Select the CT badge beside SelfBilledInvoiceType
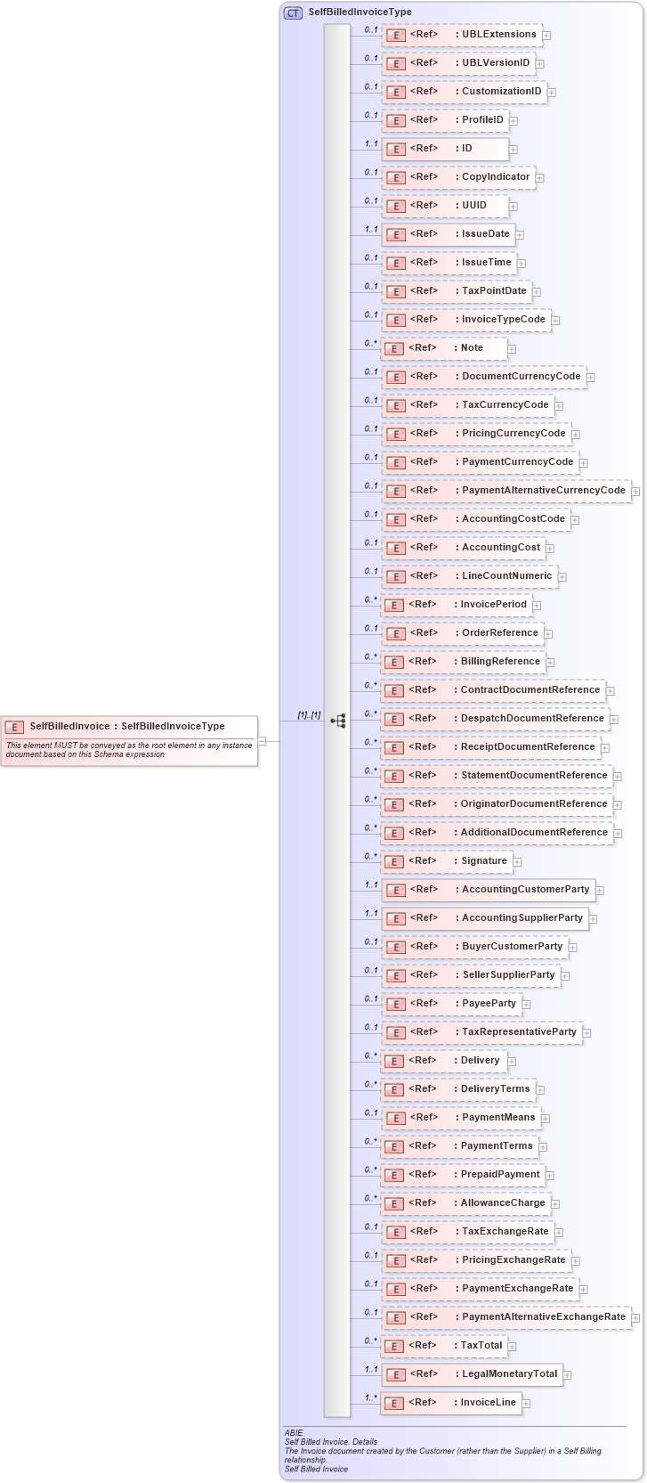tap(293, 12)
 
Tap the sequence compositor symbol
tap(337, 720)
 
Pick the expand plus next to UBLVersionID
tap(540, 64)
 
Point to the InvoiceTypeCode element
tap(465, 320)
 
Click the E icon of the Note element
tap(394, 348)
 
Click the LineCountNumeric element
tap(469, 576)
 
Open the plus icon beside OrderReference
tap(549, 633)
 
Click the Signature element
tap(446, 861)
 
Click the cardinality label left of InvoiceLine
tap(370, 1397)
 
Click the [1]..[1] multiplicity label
tap(309, 715)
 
